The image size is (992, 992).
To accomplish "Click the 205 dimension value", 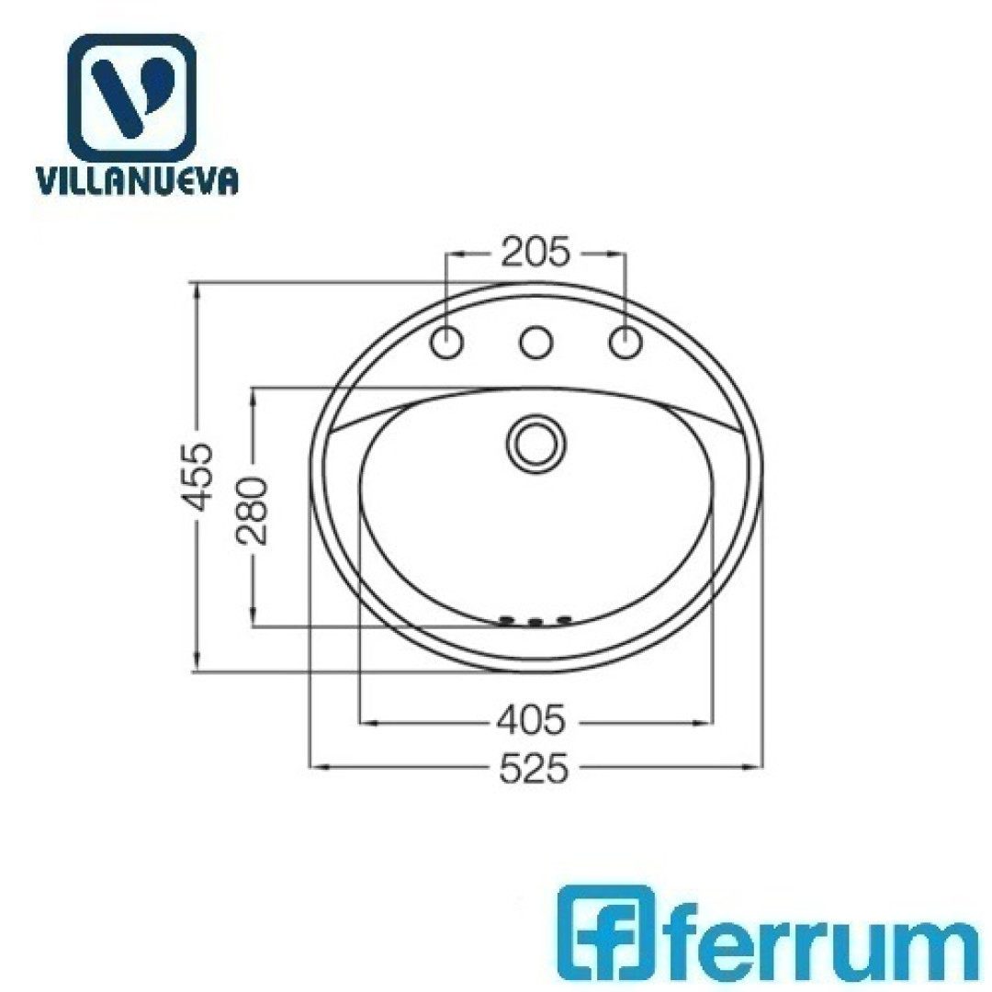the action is pos(535,253).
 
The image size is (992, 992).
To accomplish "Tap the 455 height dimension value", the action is pos(196,477).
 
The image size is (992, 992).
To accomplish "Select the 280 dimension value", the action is pos(252,512).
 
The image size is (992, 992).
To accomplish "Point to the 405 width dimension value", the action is pos(530,720).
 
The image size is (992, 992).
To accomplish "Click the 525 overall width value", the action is pos(535,768).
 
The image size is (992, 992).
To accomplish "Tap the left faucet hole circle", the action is pos(446,343).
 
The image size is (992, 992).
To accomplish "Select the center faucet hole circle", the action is pos(535,343).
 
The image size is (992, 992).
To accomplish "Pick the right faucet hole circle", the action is pos(626,343).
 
